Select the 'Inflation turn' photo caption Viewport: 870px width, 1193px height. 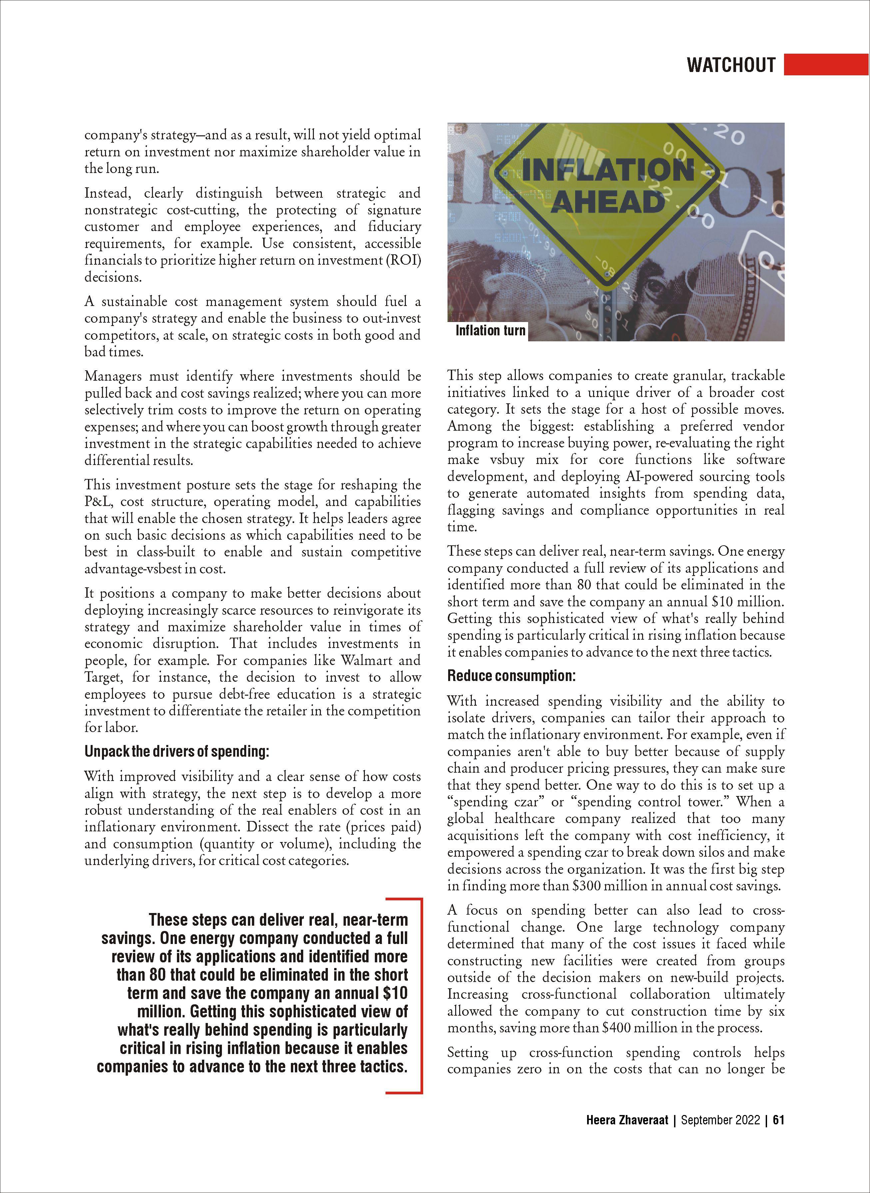[490, 330]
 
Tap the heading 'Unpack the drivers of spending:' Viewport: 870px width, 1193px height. [176, 752]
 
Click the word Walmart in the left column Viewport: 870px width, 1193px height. [366, 660]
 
